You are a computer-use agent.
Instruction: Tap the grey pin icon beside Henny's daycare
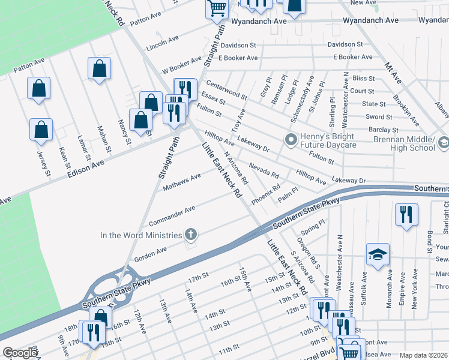click(291, 140)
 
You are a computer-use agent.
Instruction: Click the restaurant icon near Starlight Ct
click(406, 214)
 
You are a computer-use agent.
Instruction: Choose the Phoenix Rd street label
click(266, 195)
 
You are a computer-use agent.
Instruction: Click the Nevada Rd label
click(264, 171)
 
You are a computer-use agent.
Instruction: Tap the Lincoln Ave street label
click(162, 42)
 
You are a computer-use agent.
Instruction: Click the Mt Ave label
click(393, 73)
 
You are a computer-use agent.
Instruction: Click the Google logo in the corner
click(20, 353)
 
